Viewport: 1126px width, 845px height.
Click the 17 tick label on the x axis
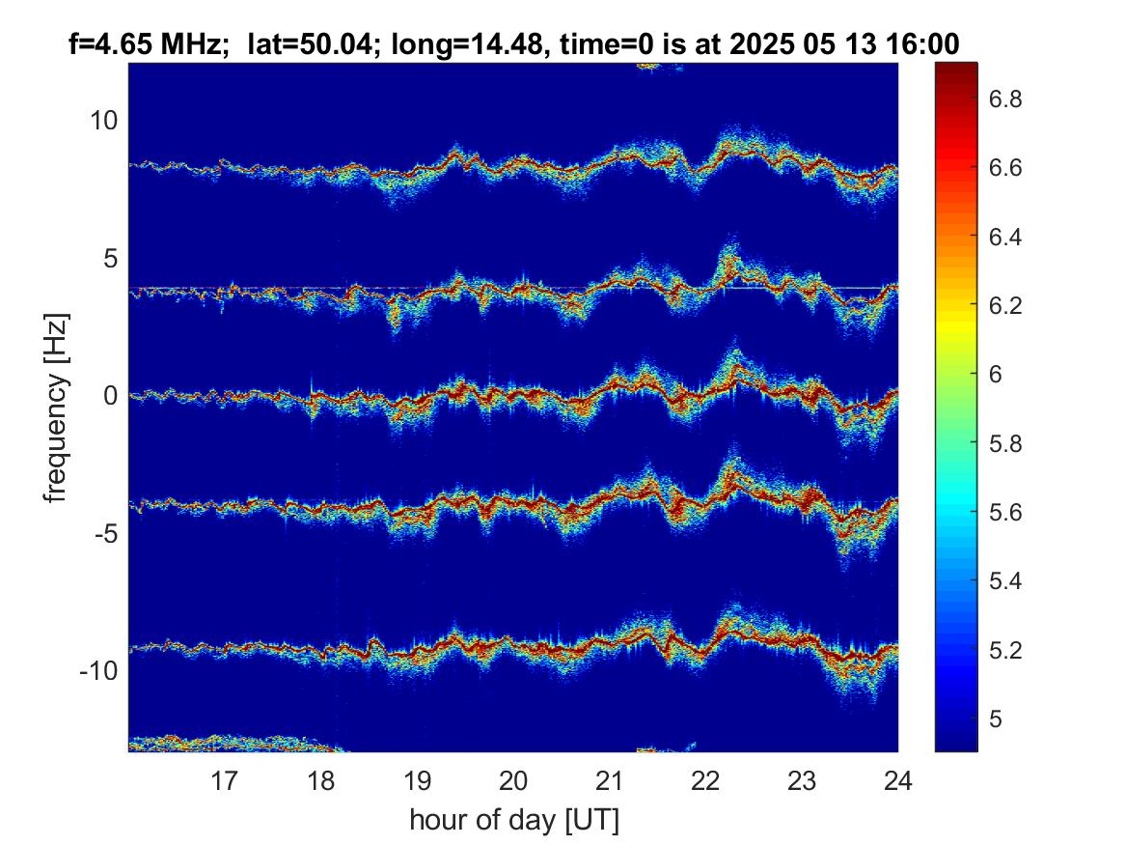tap(224, 780)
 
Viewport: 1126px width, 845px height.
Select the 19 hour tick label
tap(417, 780)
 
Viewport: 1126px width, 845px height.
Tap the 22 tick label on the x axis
tap(705, 780)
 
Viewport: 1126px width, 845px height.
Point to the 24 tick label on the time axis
tap(897, 780)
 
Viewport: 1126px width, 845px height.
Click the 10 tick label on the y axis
tap(103, 120)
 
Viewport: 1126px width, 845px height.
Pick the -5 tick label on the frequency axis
tap(105, 534)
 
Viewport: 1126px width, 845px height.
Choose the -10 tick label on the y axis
tap(98, 671)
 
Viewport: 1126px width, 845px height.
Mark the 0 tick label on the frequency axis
tap(110, 395)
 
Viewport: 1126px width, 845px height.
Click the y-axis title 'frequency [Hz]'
tap(56, 408)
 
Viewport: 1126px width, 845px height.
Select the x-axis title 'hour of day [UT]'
tap(514, 820)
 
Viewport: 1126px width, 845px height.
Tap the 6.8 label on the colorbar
tap(1005, 99)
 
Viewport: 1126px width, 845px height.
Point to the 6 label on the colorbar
tap(996, 375)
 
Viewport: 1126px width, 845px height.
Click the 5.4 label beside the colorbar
tap(1005, 580)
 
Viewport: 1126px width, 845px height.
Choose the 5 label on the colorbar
tap(996, 718)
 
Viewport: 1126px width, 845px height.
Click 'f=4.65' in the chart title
tap(110, 44)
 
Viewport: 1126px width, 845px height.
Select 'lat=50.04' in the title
tap(310, 44)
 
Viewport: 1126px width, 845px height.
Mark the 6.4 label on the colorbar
tap(1005, 237)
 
